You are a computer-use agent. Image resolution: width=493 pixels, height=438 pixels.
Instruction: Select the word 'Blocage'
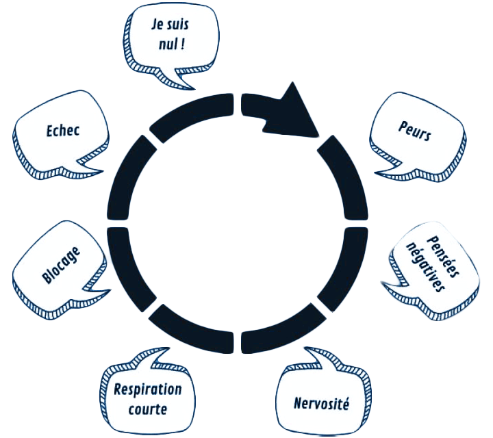click(61, 264)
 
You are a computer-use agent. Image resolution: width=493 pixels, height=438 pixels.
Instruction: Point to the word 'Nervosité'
click(321, 402)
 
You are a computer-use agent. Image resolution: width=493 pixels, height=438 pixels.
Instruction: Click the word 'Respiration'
click(149, 391)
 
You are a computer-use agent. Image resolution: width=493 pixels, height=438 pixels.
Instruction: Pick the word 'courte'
click(148, 409)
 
